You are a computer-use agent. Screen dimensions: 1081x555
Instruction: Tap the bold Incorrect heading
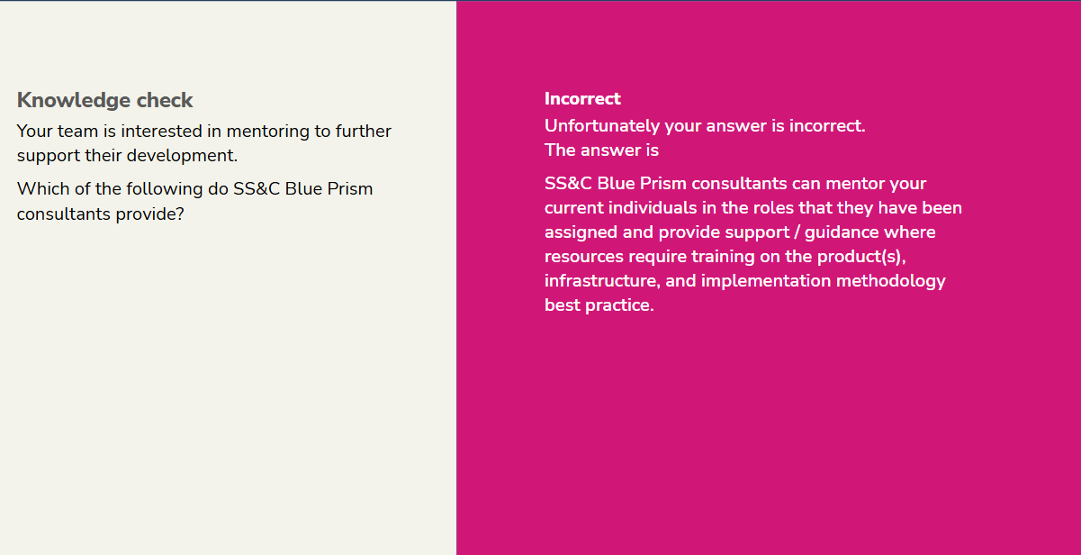click(582, 98)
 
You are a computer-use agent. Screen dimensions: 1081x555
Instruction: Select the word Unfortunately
click(602, 126)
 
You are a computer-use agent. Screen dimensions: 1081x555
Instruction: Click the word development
click(182, 156)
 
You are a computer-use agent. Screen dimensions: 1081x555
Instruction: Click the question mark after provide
click(180, 214)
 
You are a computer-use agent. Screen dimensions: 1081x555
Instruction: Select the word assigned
click(581, 232)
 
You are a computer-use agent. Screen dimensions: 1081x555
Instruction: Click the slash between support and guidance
click(797, 232)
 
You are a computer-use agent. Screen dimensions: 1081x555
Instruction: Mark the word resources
click(584, 257)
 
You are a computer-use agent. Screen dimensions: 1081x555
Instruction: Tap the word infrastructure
click(602, 280)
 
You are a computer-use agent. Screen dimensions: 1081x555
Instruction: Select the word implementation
click(766, 281)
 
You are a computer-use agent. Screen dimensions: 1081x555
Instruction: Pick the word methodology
click(891, 281)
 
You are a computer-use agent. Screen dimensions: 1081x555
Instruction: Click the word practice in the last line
click(619, 305)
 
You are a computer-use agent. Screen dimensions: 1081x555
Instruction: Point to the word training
click(723, 257)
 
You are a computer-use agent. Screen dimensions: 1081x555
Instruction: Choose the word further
click(364, 132)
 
